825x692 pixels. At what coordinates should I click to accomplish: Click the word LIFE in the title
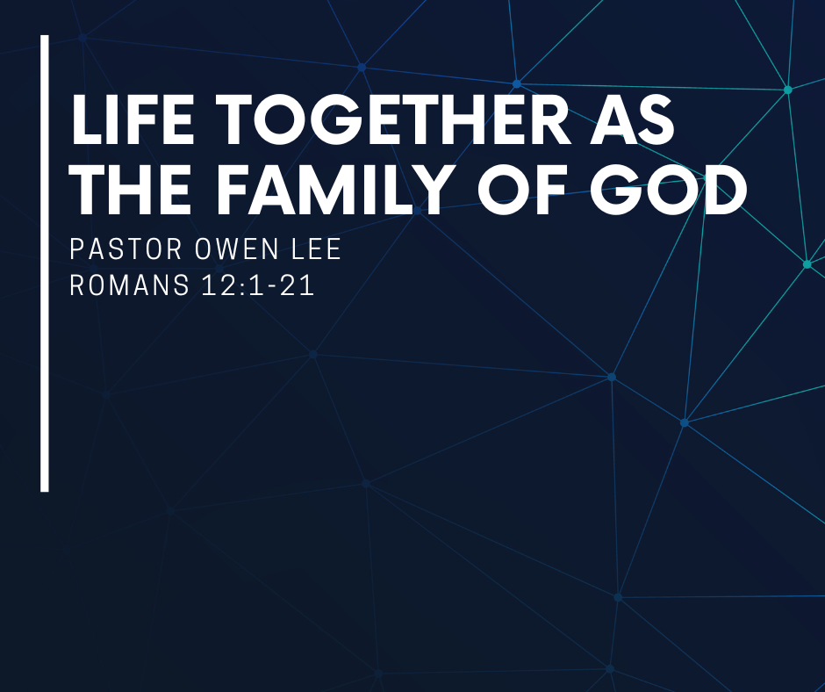click(132, 119)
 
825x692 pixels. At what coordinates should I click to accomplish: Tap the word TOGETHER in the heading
click(393, 119)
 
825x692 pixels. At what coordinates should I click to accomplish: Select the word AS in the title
click(632, 119)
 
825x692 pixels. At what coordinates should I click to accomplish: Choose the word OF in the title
click(523, 190)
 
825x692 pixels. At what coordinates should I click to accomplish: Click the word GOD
click(668, 190)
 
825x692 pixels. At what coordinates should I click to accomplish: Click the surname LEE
click(316, 249)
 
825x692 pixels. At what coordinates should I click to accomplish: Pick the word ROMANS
click(129, 285)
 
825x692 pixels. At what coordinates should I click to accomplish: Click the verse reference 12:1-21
click(258, 285)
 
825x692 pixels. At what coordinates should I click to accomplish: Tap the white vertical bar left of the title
click(45, 263)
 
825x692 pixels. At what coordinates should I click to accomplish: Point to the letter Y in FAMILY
click(427, 190)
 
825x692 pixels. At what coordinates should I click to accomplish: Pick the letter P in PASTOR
click(77, 249)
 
